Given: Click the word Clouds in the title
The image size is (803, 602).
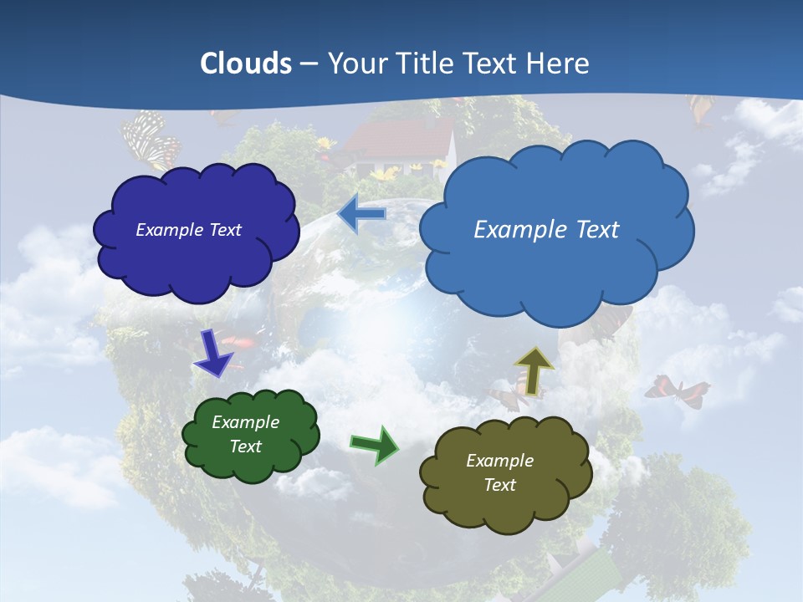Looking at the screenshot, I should (246, 64).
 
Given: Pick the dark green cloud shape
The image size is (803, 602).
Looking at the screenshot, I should (250, 436).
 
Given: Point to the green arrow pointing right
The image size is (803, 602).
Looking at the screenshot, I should (374, 444).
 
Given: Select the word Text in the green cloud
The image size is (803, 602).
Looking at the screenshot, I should (246, 446).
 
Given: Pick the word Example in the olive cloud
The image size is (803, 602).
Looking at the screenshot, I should (499, 461).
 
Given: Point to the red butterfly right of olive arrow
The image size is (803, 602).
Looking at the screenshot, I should (677, 389).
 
